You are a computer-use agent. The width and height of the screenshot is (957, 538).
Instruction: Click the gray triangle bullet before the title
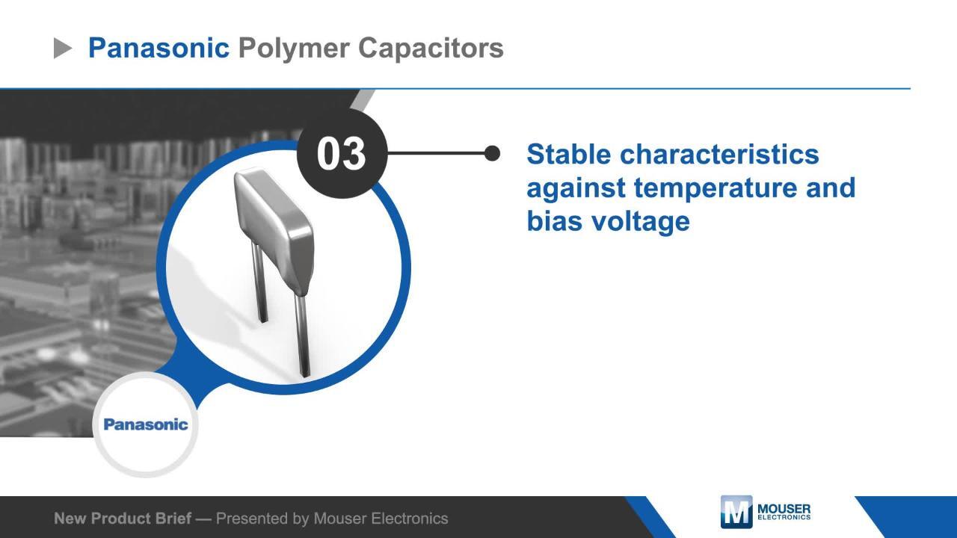pos(63,49)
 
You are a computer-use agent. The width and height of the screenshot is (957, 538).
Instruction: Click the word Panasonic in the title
pos(159,48)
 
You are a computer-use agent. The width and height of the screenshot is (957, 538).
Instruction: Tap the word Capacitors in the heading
pos(431,48)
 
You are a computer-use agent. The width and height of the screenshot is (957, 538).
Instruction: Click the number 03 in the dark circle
pos(342,154)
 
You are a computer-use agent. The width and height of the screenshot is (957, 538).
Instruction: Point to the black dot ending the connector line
pos(492,153)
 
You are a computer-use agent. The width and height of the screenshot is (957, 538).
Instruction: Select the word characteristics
pos(719,154)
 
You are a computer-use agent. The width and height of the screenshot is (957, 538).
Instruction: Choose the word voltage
pos(639,222)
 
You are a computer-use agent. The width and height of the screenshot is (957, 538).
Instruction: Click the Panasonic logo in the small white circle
pos(146,424)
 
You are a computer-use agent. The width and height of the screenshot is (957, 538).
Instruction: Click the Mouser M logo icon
pos(736,512)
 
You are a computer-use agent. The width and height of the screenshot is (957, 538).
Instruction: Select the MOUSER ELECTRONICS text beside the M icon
pos(784,512)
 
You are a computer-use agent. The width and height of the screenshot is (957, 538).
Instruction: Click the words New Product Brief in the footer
pos(122,518)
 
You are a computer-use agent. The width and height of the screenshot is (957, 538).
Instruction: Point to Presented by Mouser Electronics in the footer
pos(332,518)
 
